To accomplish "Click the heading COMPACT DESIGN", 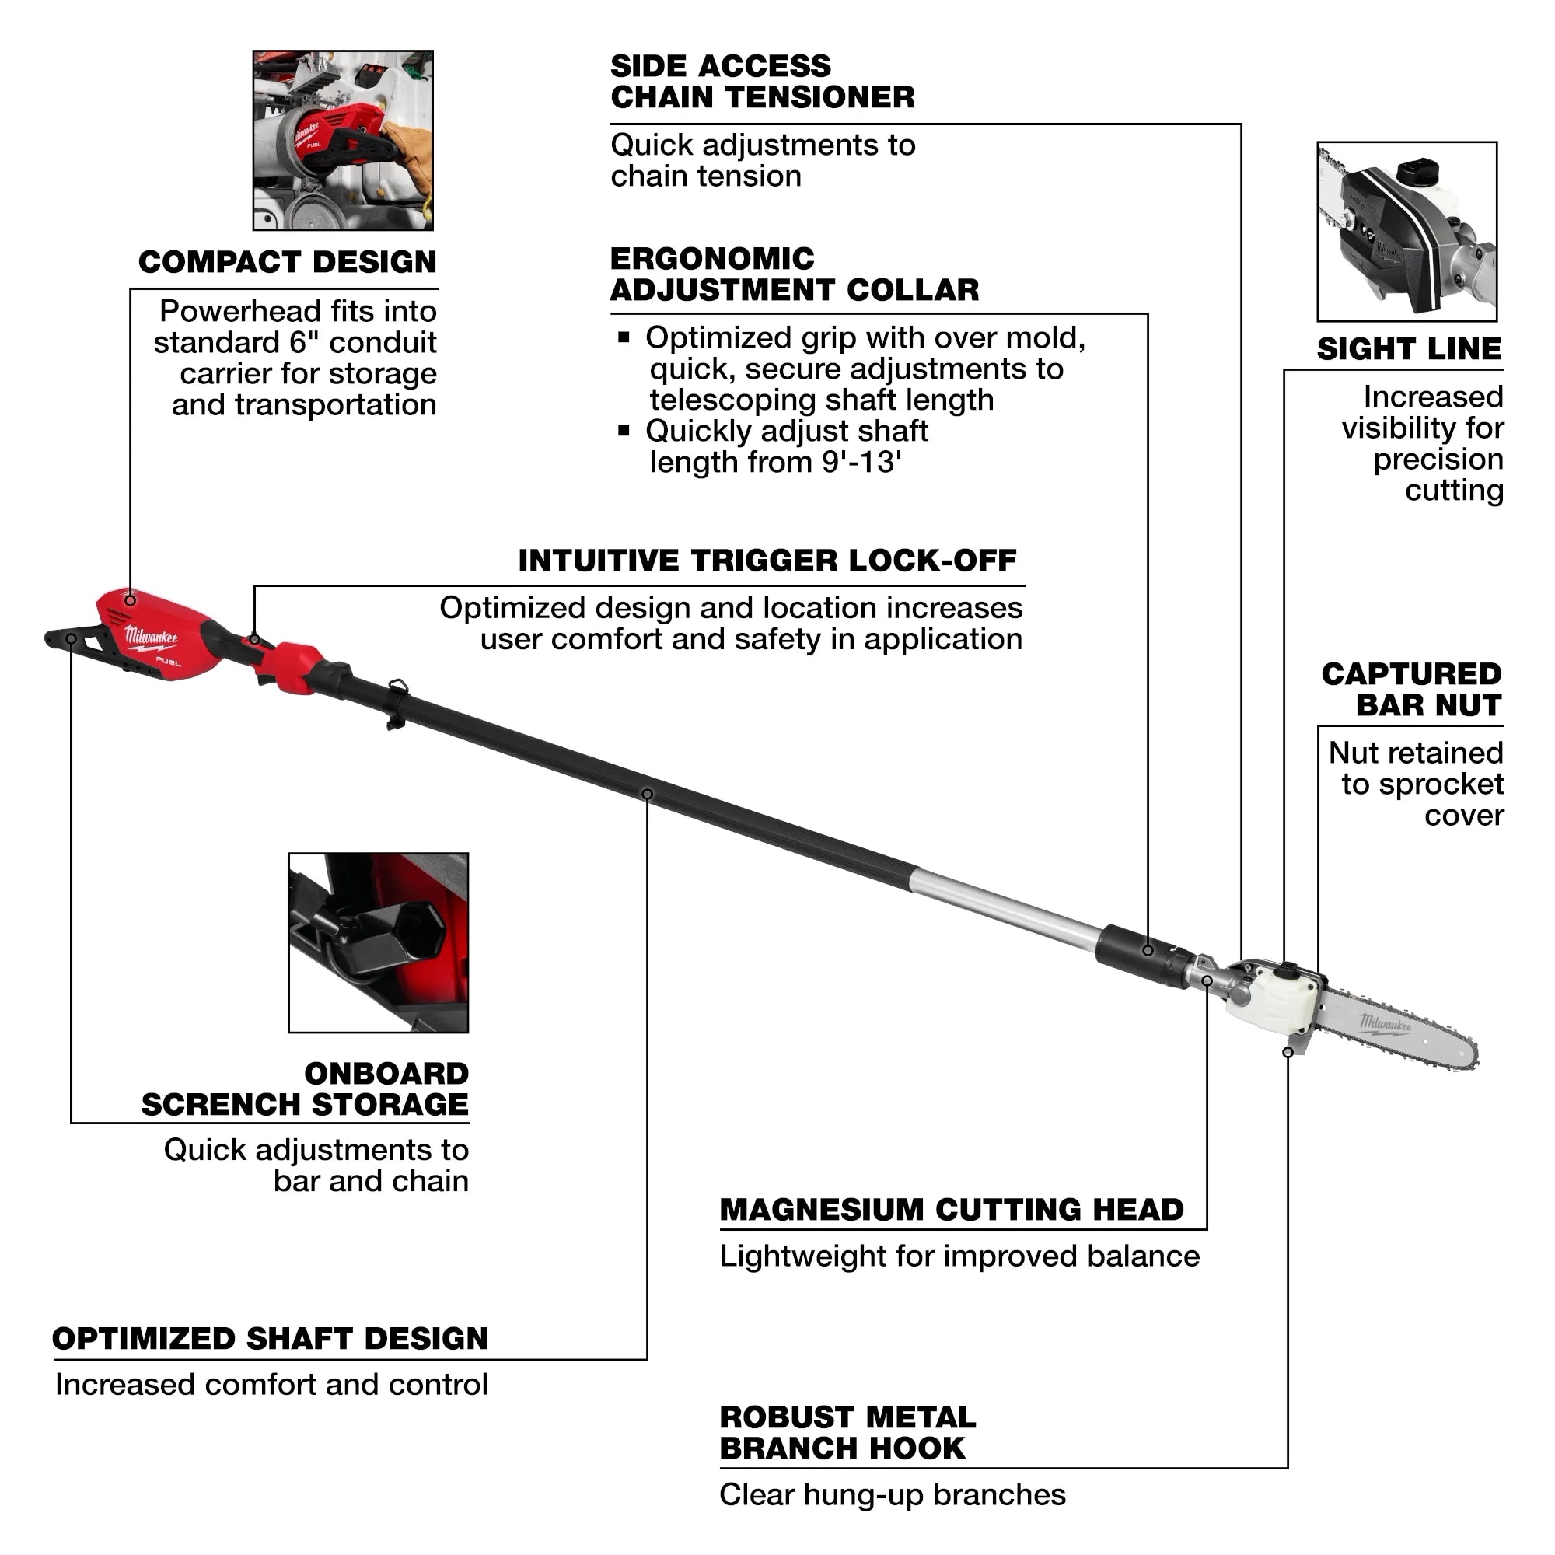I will pyautogui.click(x=288, y=262).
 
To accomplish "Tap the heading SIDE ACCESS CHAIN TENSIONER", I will pyautogui.click(x=761, y=82).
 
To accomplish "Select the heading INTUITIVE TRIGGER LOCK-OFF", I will pyautogui.click(x=767, y=561).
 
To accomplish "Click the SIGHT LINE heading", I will pyautogui.click(x=1409, y=349).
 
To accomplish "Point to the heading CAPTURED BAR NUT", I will pyautogui.click(x=1412, y=690).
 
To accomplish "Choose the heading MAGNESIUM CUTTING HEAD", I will pyautogui.click(x=952, y=1210).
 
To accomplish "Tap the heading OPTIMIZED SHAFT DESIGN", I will pyautogui.click(x=271, y=1339).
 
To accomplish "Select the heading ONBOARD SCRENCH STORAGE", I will pyautogui.click(x=306, y=1090).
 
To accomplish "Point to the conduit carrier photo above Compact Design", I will pyautogui.click(x=343, y=140).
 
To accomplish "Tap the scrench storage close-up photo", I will pyautogui.click(x=379, y=942).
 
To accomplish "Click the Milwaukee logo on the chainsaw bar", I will pyautogui.click(x=1385, y=1024).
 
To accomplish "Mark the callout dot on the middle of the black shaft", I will pyautogui.click(x=647, y=795).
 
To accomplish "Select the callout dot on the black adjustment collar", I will pyautogui.click(x=1148, y=951).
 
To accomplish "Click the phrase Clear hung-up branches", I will pyautogui.click(x=892, y=1494).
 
